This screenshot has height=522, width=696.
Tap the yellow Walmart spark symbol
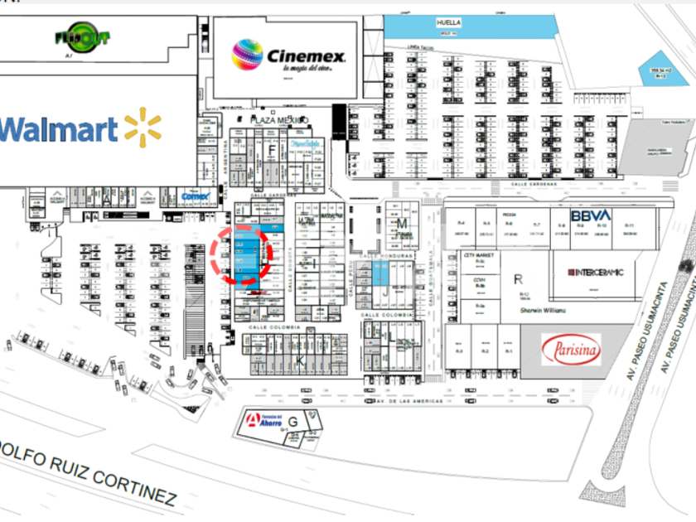(143, 127)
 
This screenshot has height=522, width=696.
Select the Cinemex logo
(287, 56)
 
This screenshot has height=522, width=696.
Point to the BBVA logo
(591, 215)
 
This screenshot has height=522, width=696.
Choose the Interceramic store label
(595, 273)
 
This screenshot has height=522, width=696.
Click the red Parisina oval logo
(571, 350)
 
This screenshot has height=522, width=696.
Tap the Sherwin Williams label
(543, 310)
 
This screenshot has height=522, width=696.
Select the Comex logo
(196, 197)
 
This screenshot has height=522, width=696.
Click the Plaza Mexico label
(278, 120)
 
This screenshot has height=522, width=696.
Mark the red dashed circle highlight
(240, 246)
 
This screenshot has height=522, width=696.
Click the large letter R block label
(519, 278)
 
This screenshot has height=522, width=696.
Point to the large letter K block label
(302, 362)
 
